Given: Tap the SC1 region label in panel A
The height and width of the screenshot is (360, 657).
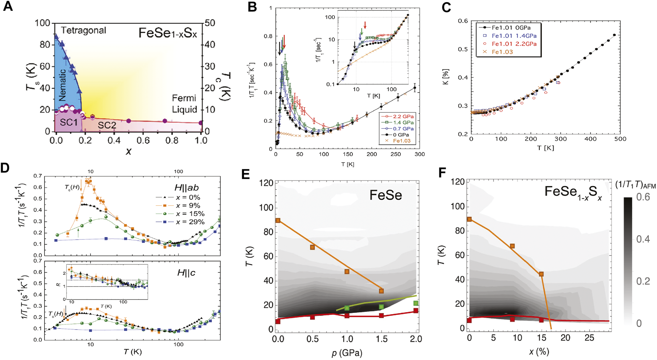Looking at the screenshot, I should (69, 122).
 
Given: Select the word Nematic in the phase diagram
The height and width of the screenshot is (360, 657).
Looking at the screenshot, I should (62, 85).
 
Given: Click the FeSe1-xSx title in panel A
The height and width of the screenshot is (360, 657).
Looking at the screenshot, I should (168, 33).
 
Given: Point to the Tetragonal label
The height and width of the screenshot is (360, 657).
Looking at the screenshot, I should (83, 30).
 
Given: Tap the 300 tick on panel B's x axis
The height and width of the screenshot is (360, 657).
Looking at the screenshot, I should (419, 154).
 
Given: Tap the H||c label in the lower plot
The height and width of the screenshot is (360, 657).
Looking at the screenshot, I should (186, 273).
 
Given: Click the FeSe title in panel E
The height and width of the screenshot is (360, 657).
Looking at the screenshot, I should (386, 195).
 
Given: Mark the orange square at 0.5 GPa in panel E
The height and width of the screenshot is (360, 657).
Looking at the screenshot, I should (313, 247).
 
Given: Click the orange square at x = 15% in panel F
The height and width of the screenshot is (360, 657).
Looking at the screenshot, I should (541, 274).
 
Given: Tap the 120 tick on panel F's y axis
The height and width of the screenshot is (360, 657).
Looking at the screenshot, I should (458, 182).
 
